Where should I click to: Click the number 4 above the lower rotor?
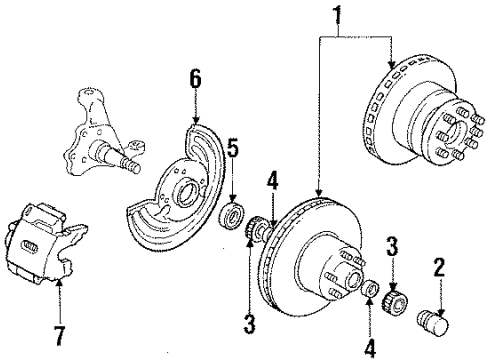tap(272, 182)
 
